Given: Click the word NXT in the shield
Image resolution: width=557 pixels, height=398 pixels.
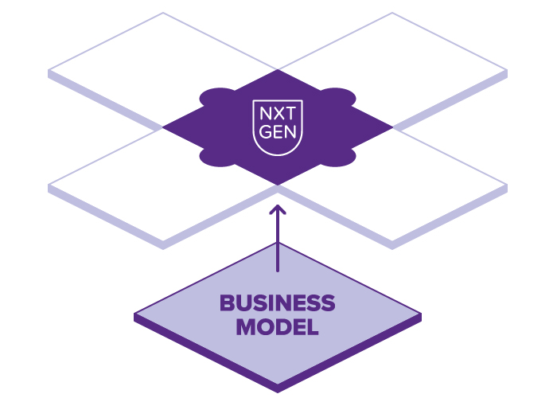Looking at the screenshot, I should click(x=278, y=114).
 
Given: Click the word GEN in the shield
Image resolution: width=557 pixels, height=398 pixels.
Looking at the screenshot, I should click(x=278, y=132).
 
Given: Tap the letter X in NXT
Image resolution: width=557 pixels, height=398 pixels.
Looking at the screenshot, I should click(x=278, y=114).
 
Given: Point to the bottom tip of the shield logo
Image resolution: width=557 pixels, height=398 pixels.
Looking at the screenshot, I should click(x=278, y=158).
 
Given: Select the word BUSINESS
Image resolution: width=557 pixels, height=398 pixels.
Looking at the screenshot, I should click(x=277, y=303).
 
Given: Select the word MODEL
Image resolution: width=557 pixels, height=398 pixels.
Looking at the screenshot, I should click(x=277, y=326).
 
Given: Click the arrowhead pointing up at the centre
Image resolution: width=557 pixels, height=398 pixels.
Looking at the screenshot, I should click(x=278, y=209).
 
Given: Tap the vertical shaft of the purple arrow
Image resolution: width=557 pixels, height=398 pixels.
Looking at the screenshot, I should click(x=278, y=243).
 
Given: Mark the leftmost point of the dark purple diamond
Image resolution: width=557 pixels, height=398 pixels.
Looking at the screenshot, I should click(x=164, y=127).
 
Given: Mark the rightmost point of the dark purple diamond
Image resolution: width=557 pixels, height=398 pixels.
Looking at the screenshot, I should click(x=392, y=127).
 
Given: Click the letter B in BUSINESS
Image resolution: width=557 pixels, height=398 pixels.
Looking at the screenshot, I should click(x=226, y=303).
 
